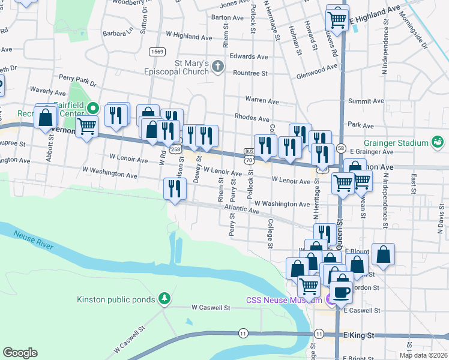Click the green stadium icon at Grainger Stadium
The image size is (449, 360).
(438, 142)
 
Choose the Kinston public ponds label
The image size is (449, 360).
(116, 299)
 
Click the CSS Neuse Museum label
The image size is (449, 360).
(284, 300)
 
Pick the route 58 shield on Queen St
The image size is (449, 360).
(341, 148)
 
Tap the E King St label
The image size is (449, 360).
(358, 334)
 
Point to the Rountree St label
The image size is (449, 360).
(250, 73)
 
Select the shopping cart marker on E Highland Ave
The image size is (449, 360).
(337, 19)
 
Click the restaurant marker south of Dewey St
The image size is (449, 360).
(175, 189)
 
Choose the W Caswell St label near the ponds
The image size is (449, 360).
(211, 308)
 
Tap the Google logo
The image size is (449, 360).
(20, 353)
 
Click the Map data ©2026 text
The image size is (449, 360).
(424, 355)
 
